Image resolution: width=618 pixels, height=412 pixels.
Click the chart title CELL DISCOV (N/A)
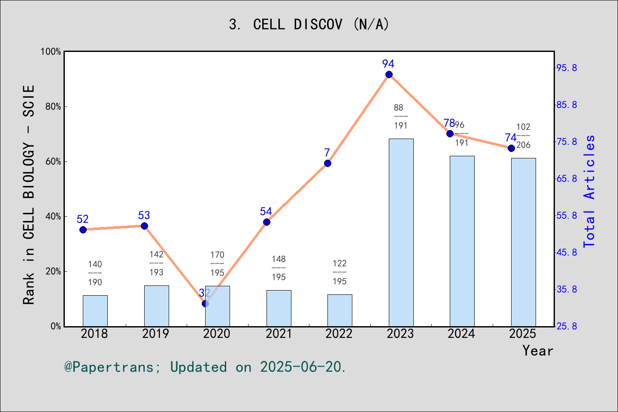[309, 24]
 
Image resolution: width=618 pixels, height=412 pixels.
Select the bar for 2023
[401, 232]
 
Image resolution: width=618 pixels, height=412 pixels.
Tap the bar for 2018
[95, 311]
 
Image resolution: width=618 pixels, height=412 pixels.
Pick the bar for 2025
[523, 242]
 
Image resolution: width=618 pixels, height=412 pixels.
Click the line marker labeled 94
[389, 75]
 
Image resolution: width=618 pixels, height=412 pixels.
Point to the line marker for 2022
[327, 163]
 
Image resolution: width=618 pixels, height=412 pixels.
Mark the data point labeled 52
[83, 230]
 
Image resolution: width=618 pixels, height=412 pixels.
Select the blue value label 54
[266, 212]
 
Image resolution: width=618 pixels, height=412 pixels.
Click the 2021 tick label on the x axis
[279, 333]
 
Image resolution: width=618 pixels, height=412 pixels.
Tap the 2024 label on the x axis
[461, 333]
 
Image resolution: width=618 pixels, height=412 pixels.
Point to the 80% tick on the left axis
[53, 107]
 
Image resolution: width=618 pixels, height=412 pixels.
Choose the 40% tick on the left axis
[53, 217]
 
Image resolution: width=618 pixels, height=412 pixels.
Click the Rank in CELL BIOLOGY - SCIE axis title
[29, 194]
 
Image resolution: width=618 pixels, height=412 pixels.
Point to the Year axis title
[538, 351]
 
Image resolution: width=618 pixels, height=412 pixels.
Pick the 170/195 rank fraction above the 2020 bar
[217, 264]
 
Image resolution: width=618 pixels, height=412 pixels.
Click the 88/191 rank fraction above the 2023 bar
[400, 116]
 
